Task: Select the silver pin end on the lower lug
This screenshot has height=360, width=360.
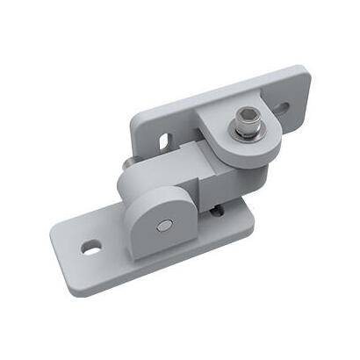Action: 164,226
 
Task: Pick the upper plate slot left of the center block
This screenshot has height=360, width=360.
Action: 164,140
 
